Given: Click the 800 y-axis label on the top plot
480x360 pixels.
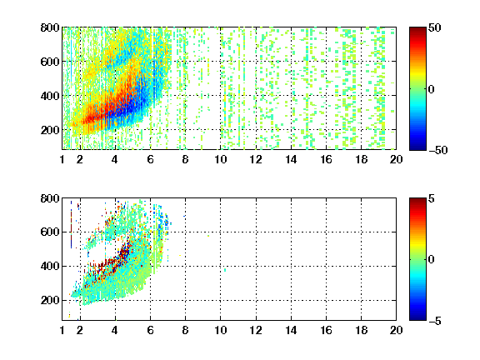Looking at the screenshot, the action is click(50, 27).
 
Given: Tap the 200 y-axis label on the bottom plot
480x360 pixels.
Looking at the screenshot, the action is click(50, 300).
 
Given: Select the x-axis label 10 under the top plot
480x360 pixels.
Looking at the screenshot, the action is click(220, 159).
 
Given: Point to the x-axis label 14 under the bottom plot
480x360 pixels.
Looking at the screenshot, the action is click(291, 330).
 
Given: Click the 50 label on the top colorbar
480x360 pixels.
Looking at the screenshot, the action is click(434, 27).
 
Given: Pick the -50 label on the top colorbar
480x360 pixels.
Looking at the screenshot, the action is click(438, 150).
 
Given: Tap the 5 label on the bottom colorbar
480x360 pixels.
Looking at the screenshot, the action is click(432, 198).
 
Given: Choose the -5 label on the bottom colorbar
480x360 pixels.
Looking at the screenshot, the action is click(435, 321).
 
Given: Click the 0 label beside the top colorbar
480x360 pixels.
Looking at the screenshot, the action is click(432, 89).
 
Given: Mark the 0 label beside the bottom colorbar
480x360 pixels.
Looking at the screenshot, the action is click(432, 260).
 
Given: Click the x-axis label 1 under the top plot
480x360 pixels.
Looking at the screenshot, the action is click(62, 159).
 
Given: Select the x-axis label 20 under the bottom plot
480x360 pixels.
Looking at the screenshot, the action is click(396, 330).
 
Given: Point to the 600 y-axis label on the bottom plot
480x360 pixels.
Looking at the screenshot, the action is click(50, 232).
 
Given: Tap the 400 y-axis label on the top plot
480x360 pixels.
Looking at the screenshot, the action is click(50, 96).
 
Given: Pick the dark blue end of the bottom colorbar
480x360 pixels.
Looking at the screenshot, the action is click(417, 317).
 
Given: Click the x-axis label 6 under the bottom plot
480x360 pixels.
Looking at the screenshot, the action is click(150, 330).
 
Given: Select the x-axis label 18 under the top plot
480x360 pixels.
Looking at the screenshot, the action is click(361, 159).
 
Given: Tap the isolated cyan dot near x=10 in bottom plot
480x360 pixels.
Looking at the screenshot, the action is click(225, 270).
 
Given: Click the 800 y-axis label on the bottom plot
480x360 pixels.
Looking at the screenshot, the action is click(50, 198).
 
